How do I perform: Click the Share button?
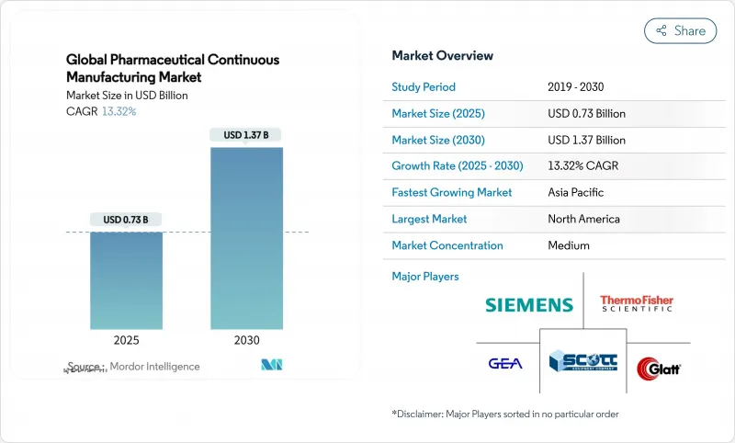[x=681, y=30]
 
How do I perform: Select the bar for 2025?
[x=126, y=280]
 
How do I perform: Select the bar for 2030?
[x=246, y=238]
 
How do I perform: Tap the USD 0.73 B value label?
[x=126, y=219]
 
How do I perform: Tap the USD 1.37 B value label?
[x=246, y=135]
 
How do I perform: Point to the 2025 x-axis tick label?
[x=126, y=340]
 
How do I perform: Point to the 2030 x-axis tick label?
[x=246, y=340]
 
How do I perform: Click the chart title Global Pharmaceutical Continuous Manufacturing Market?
[x=173, y=68]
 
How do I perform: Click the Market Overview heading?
[x=442, y=56]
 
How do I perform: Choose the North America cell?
[x=583, y=220]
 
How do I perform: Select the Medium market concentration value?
[x=569, y=246]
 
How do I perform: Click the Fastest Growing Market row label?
[x=452, y=193]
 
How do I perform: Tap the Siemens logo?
[x=528, y=305]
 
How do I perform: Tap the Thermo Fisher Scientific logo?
[x=637, y=303]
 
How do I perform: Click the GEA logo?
[x=504, y=363]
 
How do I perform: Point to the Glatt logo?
[x=659, y=368]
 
